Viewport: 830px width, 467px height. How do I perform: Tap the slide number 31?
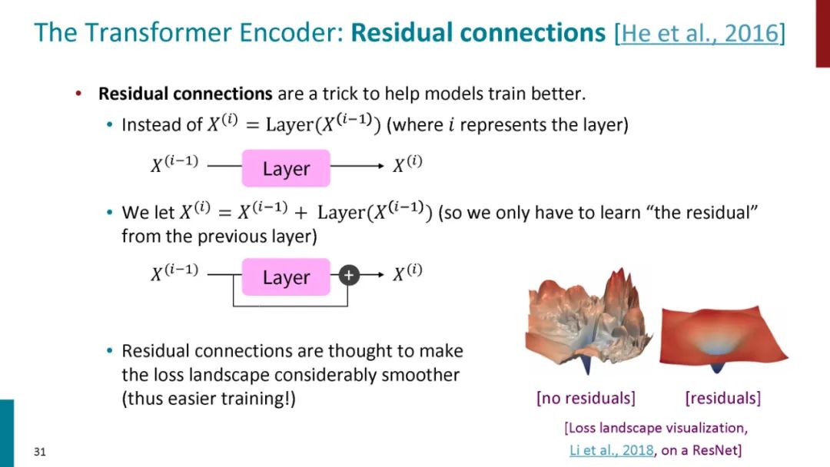[40, 452]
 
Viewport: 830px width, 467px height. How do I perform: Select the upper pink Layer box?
[286, 169]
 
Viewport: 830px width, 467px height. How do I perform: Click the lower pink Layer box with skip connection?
[286, 277]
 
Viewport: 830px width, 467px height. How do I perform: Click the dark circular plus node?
[350, 274]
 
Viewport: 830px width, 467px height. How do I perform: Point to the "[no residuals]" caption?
[586, 398]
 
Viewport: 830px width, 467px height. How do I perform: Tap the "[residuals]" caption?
[722, 398]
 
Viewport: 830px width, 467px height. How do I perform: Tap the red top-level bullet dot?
[78, 94]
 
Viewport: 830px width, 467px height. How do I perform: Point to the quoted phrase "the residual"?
[706, 212]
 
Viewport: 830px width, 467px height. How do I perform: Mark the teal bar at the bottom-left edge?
[7, 432]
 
